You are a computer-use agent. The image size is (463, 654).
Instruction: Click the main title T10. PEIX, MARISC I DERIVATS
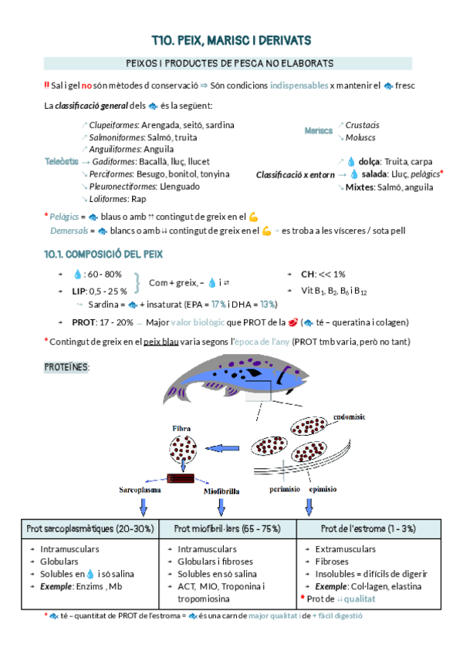[231, 39]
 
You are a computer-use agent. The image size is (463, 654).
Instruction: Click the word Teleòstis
[61, 162]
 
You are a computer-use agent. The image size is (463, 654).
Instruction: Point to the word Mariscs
[319, 131]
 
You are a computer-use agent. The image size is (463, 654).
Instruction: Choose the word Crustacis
[362, 125]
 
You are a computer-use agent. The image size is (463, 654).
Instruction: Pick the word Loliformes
[110, 199]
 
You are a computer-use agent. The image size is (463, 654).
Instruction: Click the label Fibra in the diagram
[182, 426]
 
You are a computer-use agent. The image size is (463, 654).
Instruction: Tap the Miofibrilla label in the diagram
[225, 490]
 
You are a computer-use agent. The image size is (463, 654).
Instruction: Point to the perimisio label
[285, 489]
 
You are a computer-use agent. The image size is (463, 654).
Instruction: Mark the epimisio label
[323, 489]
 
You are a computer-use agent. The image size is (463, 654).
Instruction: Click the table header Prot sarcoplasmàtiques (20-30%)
[90, 528]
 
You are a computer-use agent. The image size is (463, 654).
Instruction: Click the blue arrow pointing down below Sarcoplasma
[142, 507]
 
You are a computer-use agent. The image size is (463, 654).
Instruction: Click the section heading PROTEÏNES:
[66, 368]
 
